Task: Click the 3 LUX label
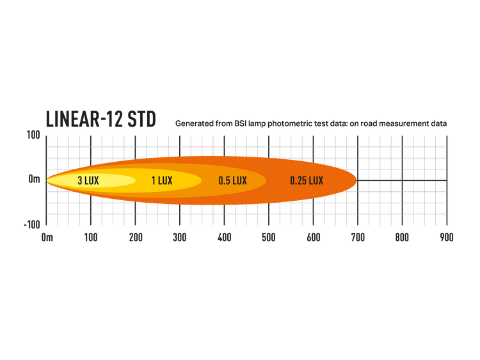pos(88,181)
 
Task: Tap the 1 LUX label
pos(162,181)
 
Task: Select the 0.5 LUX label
pos(233,181)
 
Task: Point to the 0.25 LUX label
pos(307,181)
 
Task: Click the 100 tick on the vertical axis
pos(33,135)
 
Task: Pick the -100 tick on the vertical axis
pos(32,225)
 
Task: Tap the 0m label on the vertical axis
pos(35,179)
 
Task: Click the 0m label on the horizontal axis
pos(47,237)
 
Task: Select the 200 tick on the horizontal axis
pos(136,237)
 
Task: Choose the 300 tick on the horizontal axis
pos(180,237)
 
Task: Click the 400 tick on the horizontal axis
pos(225,237)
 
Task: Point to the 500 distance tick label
pos(269,237)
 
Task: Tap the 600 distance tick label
pos(314,237)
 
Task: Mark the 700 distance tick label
pos(358,237)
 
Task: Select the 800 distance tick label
pos(403,237)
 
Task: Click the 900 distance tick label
pos(447,237)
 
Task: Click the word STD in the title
pos(141,119)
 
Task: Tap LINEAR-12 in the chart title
pos(84,119)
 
